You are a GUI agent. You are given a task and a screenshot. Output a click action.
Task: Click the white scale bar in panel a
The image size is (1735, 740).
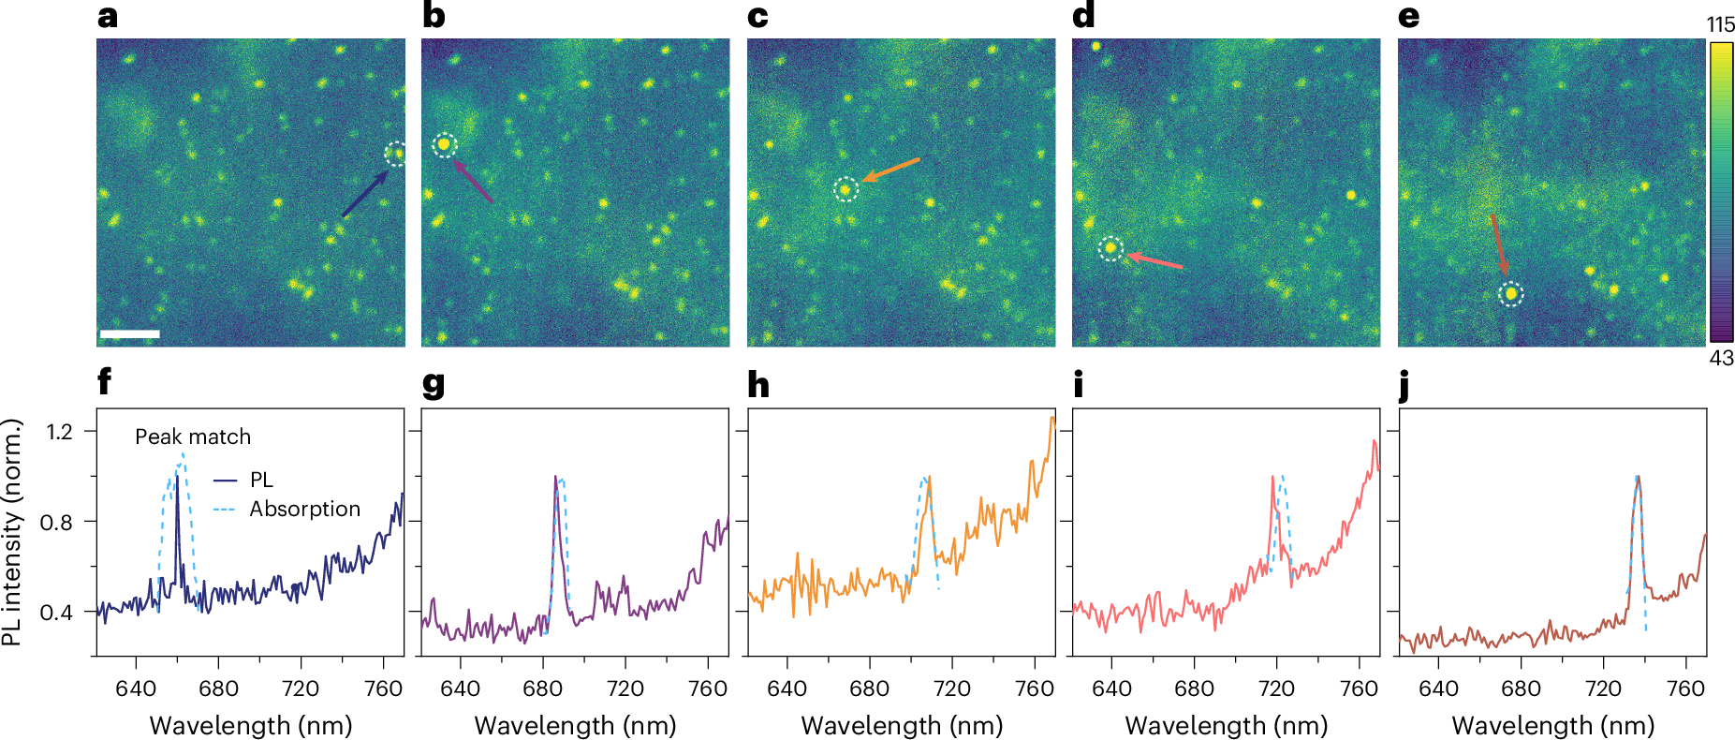[x=129, y=333]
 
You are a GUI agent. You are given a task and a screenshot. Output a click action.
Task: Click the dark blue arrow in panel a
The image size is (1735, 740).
[x=365, y=194]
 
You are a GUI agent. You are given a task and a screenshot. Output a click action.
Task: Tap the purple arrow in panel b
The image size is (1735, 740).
[x=473, y=181]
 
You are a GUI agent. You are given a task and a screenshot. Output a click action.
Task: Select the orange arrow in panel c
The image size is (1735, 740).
[x=891, y=170]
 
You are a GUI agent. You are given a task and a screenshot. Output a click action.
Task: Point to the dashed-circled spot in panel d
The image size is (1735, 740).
[x=1110, y=248]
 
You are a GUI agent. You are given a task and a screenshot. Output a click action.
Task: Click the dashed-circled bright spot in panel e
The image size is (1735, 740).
[x=1510, y=294]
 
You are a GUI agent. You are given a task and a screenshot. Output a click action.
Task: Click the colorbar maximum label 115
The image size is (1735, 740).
[x=1721, y=25]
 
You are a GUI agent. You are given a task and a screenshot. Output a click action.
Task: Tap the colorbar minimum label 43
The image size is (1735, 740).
[x=1721, y=358]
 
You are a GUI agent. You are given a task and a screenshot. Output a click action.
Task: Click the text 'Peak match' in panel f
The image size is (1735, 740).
[x=193, y=437]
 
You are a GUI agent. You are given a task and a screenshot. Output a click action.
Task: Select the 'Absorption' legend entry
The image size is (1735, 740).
[x=304, y=509]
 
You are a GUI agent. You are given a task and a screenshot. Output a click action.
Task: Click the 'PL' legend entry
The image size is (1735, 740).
[x=261, y=480]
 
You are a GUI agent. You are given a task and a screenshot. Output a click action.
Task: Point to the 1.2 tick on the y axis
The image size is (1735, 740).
[x=59, y=432]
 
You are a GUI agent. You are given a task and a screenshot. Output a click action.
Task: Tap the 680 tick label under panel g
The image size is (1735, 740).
[x=542, y=688]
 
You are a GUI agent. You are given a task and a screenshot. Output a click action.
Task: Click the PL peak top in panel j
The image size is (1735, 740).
[x=1637, y=478]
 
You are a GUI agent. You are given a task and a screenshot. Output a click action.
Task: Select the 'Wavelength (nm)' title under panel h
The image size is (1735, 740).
[x=902, y=725]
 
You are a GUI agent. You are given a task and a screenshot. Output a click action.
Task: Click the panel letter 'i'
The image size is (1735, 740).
[x=1079, y=384]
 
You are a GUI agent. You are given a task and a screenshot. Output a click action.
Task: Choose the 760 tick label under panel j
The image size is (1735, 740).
[x=1685, y=688]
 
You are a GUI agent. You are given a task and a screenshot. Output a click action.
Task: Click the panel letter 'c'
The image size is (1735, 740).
[x=757, y=17]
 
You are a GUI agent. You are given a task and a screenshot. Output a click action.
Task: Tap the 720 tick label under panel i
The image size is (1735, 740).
[x=1276, y=688]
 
